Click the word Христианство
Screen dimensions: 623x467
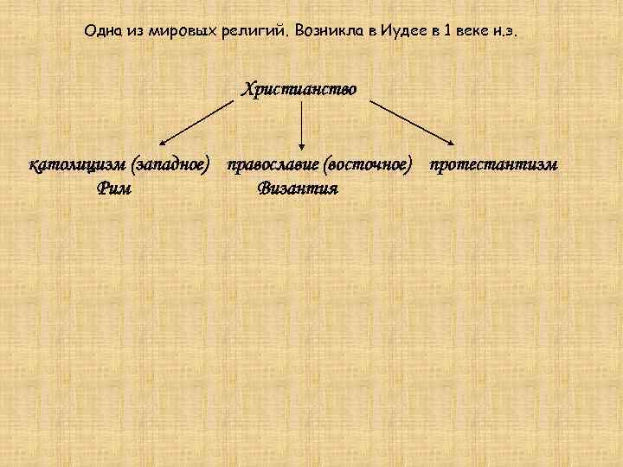pyautogui.click(x=300, y=89)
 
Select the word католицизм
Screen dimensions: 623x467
pyautogui.click(x=75, y=164)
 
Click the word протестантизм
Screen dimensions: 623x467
pyautogui.click(x=498, y=164)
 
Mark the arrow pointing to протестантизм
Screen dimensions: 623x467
pyautogui.click(x=412, y=121)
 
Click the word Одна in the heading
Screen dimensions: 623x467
pyautogui.click(x=103, y=31)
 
